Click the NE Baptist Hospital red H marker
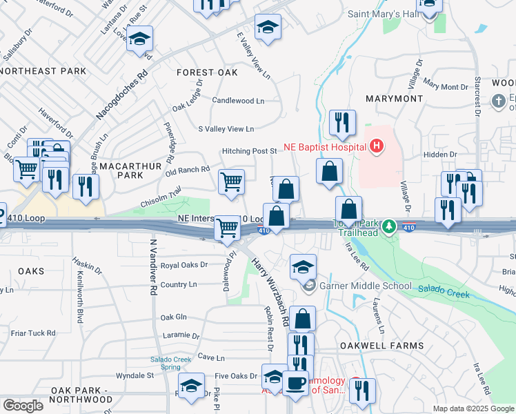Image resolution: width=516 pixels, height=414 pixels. coord(376,146)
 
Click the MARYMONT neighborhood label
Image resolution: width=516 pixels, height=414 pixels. coord(393,99)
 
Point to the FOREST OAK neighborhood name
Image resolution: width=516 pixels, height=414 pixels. coord(207,72)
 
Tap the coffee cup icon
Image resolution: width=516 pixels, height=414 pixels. coord(295,382)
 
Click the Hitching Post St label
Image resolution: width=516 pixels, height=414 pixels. coord(249,151)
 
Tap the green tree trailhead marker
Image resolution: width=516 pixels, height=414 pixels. coord(390,226)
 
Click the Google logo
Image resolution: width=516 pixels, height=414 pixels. coord(23,406)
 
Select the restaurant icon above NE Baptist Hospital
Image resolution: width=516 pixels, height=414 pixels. coord(342,123)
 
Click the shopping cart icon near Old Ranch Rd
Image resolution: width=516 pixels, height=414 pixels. coord(231,181)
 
